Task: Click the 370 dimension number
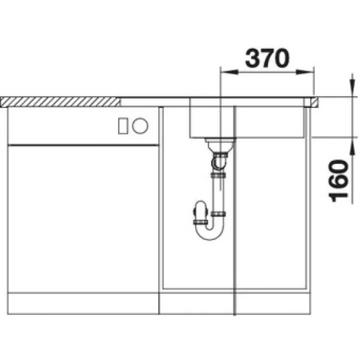tap(267, 58)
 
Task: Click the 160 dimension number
tap(338, 181)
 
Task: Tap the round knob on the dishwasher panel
tap(140, 125)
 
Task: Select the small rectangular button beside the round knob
tap(123, 126)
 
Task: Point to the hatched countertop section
tap(60, 102)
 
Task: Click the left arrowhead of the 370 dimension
tap(229, 72)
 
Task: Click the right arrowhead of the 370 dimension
tap(305, 72)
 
